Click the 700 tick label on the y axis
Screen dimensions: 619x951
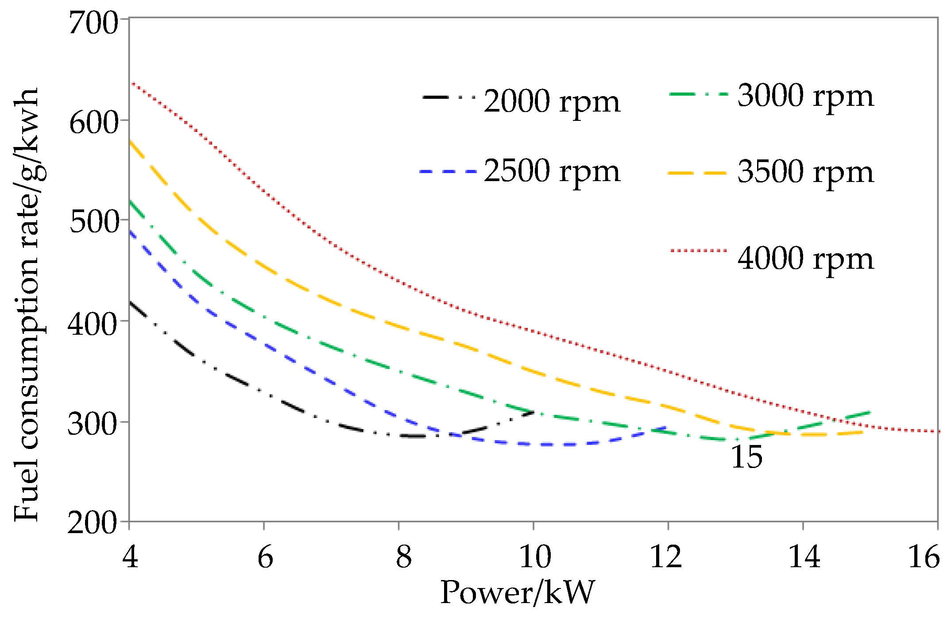[93, 23]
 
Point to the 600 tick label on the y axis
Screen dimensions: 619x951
[93, 123]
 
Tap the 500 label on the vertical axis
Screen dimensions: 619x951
[93, 222]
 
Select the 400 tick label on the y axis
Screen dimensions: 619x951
[93, 324]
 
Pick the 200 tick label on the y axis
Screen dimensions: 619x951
[93, 523]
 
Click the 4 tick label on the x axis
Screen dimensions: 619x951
[130, 557]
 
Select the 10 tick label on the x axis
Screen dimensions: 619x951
[535, 557]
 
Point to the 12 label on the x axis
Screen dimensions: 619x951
[666, 557]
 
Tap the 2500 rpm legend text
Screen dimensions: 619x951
[552, 171]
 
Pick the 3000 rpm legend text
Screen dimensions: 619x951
[805, 96]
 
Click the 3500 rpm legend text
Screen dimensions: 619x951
[805, 172]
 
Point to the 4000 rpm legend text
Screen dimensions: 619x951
[805, 259]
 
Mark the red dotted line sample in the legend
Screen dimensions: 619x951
[699, 251]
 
